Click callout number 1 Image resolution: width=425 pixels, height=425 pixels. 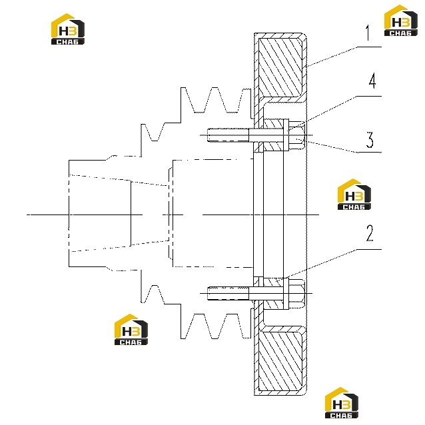[368, 33]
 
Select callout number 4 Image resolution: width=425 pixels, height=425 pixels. [372, 81]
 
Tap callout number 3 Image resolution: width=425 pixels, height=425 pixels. [370, 140]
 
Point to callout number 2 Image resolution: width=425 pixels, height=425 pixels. [370, 233]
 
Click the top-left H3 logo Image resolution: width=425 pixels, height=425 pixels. [68, 29]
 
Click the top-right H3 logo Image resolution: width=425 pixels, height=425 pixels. [401, 21]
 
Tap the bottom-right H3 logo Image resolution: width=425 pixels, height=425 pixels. [342, 403]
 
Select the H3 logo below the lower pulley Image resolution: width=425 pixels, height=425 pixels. [131, 329]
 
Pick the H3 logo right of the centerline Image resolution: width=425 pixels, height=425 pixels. [354, 194]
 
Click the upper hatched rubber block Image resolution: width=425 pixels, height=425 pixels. [280, 67]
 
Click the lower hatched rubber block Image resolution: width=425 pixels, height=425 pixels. [280, 361]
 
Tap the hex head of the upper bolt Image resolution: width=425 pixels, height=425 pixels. [296, 135]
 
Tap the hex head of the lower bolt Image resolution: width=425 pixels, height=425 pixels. [296, 293]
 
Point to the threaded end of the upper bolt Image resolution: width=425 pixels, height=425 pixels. [228, 135]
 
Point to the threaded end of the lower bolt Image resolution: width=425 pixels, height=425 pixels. [228, 293]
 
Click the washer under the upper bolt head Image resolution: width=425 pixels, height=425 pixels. [286, 135]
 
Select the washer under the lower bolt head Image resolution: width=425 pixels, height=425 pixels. [286, 294]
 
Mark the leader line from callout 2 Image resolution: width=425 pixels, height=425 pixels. [332, 264]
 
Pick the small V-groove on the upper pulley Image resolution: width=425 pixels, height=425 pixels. [155, 133]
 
